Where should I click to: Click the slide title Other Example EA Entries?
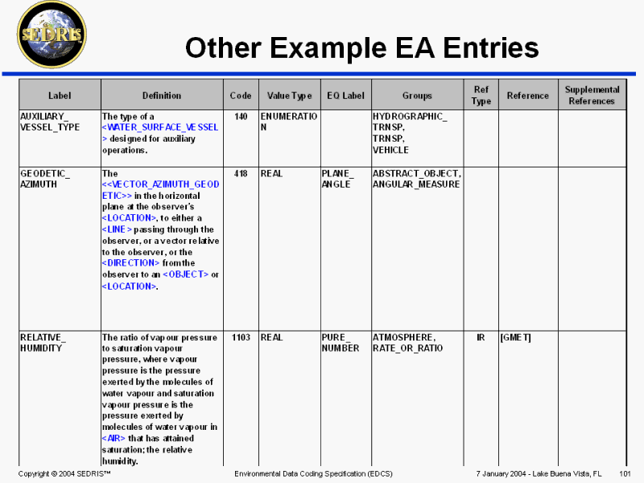click(361, 48)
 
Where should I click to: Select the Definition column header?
click(162, 96)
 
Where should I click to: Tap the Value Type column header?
click(290, 96)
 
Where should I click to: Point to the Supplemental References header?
click(592, 95)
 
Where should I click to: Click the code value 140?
click(241, 117)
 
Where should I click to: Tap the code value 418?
click(241, 173)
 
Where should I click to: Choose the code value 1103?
click(241, 337)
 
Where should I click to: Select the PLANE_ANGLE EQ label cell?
click(337, 179)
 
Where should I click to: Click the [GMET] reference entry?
click(515, 337)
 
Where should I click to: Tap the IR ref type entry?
click(481, 337)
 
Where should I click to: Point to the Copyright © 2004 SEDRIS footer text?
click(64, 473)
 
